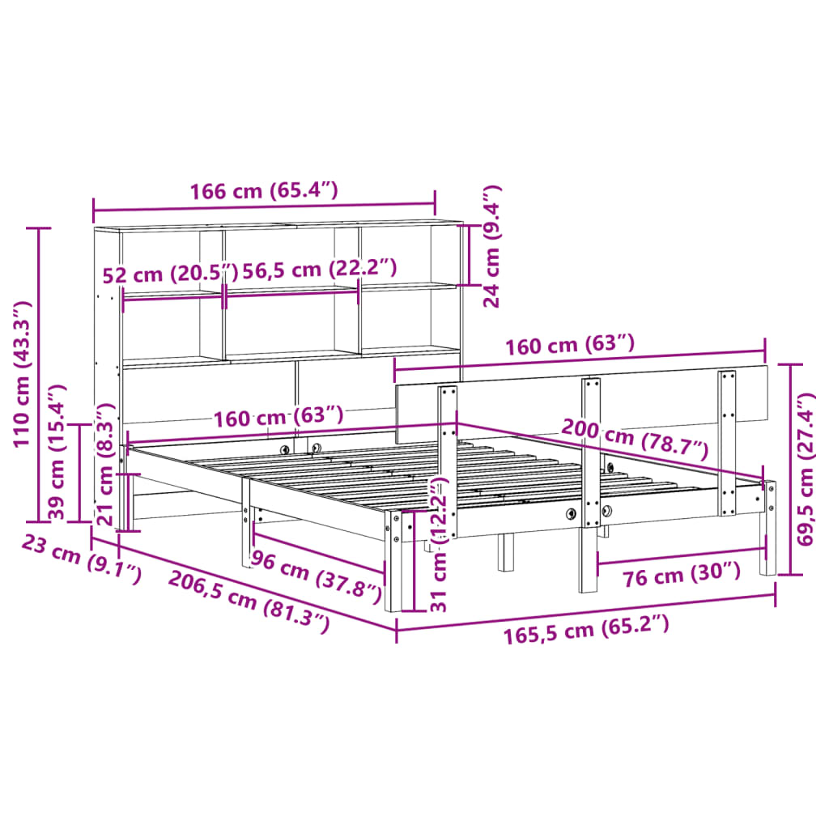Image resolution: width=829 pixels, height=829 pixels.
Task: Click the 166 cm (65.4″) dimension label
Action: pos(263,192)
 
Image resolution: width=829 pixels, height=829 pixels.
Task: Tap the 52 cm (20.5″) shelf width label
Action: pos(170,274)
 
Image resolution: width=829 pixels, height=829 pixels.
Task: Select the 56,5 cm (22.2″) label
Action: pos(321,270)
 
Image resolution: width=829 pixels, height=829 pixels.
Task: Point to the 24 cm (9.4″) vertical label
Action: pos(491,246)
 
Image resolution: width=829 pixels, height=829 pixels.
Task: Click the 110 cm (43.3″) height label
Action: pos(23,373)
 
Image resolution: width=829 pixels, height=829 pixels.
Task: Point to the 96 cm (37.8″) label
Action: pos(316,576)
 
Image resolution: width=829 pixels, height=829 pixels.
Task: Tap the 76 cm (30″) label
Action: pos(682,574)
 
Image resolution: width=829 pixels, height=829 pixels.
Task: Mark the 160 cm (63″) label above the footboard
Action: pos(570,346)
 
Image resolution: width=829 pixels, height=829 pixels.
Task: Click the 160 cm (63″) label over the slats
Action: pos(278,418)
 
